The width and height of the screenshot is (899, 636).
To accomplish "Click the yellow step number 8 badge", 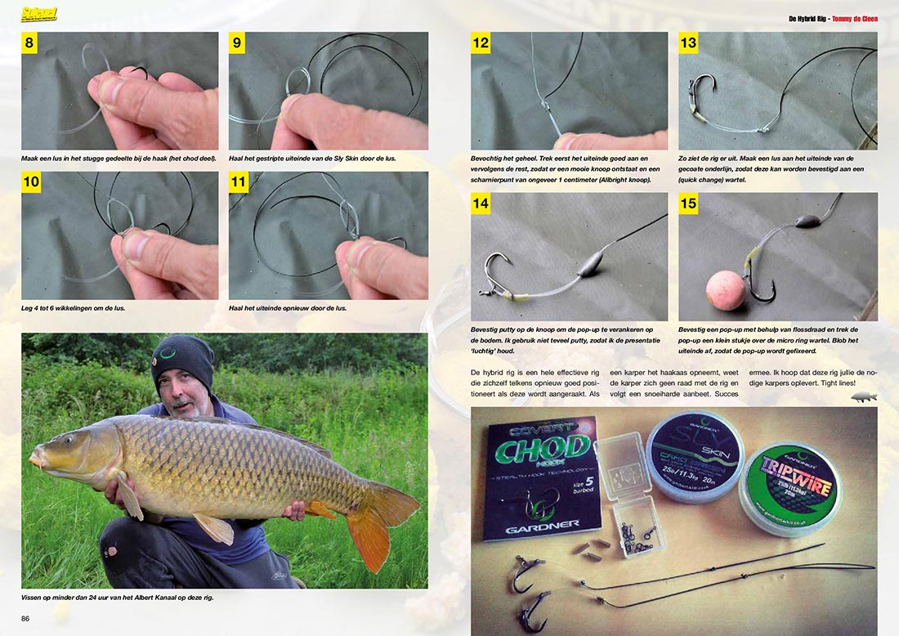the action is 29,43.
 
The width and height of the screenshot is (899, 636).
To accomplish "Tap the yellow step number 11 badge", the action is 238,182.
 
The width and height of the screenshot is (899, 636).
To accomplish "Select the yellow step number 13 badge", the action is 688,43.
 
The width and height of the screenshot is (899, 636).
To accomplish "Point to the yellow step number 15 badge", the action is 688,203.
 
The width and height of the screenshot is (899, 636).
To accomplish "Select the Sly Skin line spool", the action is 695,457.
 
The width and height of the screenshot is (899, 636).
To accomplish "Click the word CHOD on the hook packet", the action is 535,450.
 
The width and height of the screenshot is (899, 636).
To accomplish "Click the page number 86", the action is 25,618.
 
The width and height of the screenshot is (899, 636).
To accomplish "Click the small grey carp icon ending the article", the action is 864,396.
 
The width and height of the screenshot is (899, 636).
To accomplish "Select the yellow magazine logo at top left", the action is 39,15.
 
